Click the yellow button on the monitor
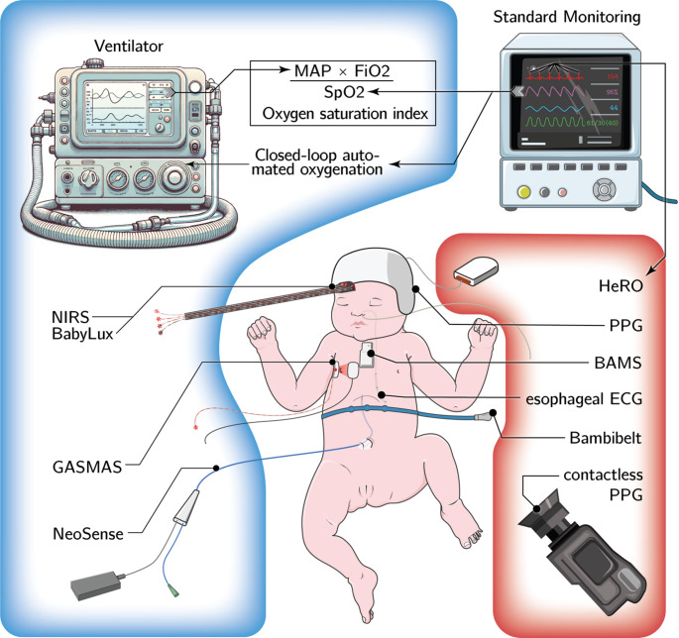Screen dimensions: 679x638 coord(522,190)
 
